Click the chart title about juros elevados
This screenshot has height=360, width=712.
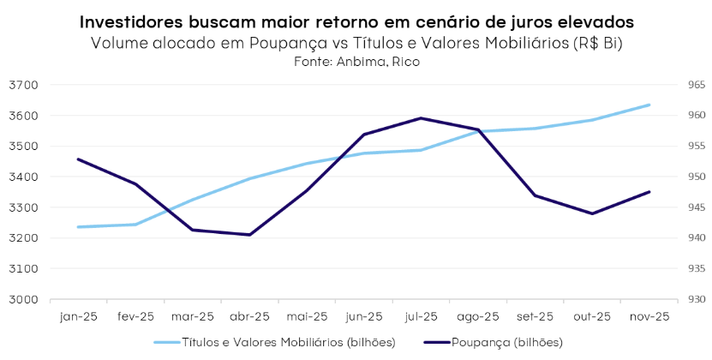coord(356,21)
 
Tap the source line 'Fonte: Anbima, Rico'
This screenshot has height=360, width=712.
coord(356,62)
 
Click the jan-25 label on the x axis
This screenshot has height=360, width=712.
coord(79,316)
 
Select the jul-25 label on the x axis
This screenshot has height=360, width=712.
coord(421,316)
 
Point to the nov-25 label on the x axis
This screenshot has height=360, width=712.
coord(649,316)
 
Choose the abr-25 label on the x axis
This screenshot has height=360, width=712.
coord(249,316)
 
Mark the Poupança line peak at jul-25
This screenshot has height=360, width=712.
coord(421,118)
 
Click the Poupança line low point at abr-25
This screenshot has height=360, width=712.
coord(249,235)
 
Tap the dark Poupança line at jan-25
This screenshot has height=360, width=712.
coord(79,159)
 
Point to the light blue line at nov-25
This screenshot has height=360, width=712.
coord(649,105)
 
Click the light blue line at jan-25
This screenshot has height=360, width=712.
coord(79,227)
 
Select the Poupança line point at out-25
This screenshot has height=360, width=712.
coord(592,213)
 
